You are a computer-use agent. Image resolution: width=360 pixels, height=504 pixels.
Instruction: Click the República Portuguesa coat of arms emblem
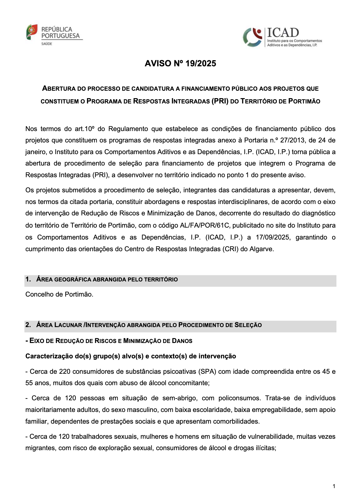coord(32,32)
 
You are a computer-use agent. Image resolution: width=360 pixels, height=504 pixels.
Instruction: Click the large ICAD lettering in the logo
coord(283,33)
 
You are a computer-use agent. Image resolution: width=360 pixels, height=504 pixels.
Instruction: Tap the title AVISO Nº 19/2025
coord(180,63)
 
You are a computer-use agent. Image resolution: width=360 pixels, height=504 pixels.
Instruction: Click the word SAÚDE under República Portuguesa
coord(47,44)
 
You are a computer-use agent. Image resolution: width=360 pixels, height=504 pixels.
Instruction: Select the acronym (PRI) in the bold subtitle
coord(220,101)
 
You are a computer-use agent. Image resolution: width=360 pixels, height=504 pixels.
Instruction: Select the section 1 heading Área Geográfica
coord(107,279)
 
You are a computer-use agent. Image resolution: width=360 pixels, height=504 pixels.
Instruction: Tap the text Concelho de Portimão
coord(59,294)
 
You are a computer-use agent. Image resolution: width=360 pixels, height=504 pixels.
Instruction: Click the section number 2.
coord(28,325)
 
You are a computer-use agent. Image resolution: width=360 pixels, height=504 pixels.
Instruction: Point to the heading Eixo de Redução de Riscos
coord(109,341)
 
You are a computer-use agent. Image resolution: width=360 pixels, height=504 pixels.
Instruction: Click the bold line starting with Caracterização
coord(130,356)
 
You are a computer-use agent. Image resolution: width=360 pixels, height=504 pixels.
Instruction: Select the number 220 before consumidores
coord(65,371)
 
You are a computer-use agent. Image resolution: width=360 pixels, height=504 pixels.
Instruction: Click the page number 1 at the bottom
coord(334,486)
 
